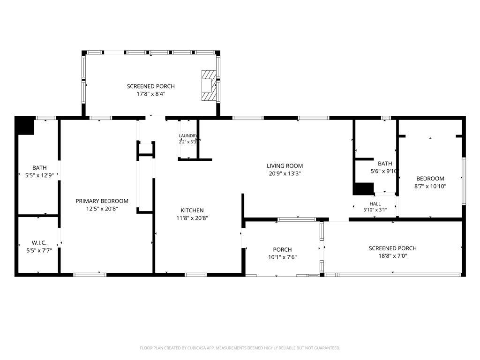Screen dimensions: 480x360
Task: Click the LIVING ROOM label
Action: (285, 166)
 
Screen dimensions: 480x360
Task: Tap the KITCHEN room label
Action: (192, 210)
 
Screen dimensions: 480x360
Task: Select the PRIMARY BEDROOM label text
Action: (102, 201)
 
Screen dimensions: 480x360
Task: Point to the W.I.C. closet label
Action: (39, 243)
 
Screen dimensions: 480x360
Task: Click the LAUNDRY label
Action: (188, 135)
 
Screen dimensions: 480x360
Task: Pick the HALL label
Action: (375, 204)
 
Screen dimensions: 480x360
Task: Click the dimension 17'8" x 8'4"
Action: (151, 94)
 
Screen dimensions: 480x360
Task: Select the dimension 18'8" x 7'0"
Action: (393, 256)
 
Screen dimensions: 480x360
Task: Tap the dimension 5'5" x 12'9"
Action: (39, 175)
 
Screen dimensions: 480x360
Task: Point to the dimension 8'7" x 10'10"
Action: (430, 186)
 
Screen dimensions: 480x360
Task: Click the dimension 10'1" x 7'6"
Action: (282, 257)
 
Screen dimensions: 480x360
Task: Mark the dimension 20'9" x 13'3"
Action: (285, 173)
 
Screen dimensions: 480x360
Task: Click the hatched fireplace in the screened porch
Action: (209, 85)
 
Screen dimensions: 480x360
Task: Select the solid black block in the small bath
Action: (364, 189)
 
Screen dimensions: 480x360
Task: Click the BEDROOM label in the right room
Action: (430, 179)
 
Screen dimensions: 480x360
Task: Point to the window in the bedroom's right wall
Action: (464, 181)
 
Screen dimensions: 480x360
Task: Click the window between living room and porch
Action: (296, 219)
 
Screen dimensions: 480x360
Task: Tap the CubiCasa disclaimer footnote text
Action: (240, 348)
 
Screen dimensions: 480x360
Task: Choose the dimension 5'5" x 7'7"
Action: (39, 250)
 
